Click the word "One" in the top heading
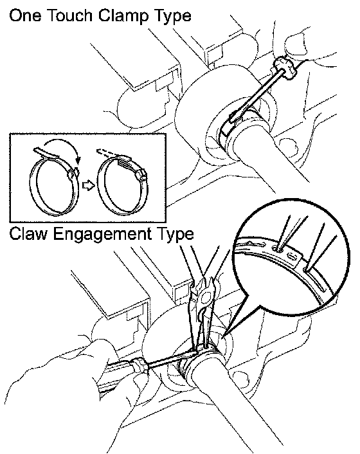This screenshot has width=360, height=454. coord(25,15)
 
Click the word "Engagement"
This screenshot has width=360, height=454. coord(103,235)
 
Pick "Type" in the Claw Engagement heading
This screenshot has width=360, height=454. coord(175,235)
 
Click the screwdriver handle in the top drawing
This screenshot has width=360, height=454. coord(285,68)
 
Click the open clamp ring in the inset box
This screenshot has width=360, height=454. coord(54,186)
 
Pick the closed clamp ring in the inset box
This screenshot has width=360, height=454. coord(122,186)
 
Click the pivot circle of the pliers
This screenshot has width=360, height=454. coord(206,297)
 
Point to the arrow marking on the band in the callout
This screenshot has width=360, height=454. coord(255,244)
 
